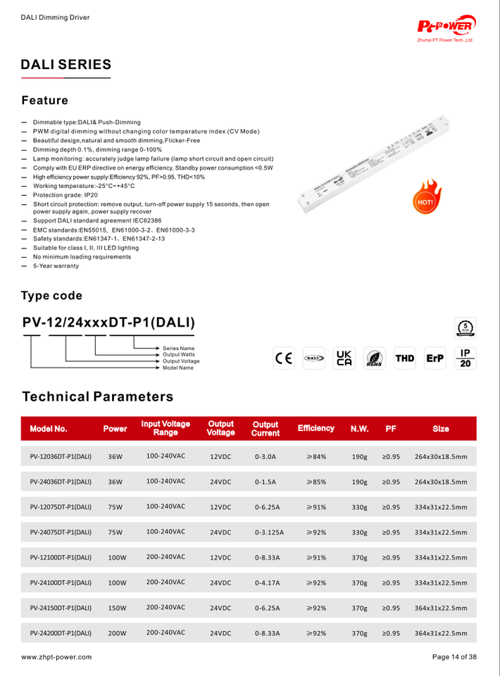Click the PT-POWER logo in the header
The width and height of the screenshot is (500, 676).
click(x=446, y=26)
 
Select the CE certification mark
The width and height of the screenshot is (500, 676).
click(x=285, y=358)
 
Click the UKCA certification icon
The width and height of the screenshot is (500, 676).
click(x=344, y=358)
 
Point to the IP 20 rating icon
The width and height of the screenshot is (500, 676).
click(x=465, y=358)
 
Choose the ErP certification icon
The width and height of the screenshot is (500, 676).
click(x=435, y=358)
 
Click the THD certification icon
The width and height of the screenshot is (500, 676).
click(x=405, y=358)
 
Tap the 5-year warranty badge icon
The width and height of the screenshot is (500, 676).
click(x=465, y=328)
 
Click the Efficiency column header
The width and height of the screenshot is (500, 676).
click(x=316, y=428)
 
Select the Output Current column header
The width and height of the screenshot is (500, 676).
click(x=265, y=429)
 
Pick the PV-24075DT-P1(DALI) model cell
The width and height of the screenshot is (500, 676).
click(x=61, y=532)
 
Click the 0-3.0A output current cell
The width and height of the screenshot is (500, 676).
click(x=265, y=456)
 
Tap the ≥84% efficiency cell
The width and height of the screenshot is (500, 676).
click(x=316, y=456)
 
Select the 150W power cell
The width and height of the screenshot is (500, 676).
click(x=117, y=608)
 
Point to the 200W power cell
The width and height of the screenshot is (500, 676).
click(x=117, y=633)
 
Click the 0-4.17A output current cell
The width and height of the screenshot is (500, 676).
click(x=268, y=583)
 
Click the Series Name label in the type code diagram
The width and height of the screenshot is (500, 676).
click(x=178, y=349)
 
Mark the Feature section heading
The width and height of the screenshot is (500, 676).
click(x=44, y=101)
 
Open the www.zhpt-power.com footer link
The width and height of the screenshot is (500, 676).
click(x=56, y=657)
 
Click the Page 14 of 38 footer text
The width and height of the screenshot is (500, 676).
click(x=454, y=657)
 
